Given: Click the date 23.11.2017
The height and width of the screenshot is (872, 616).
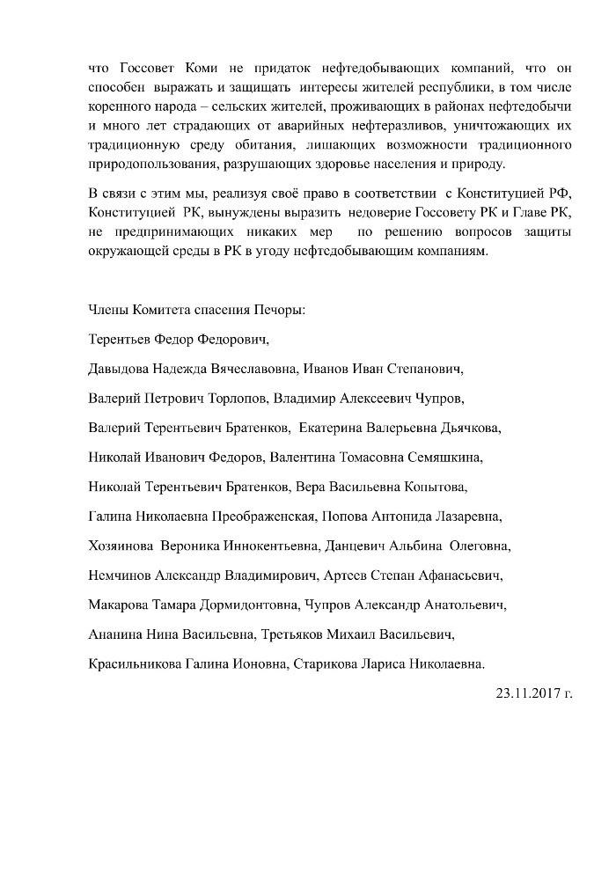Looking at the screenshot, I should (526, 692).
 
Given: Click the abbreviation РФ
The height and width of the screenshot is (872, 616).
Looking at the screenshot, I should (560, 193).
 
